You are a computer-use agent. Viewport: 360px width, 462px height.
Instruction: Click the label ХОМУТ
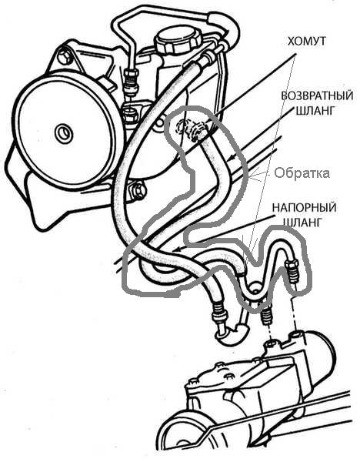click(306, 42)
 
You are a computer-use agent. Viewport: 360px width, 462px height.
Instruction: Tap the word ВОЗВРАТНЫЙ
click(317, 96)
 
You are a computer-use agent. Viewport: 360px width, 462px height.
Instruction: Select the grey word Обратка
click(302, 173)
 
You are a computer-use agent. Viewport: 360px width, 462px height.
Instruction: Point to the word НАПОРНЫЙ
click(304, 207)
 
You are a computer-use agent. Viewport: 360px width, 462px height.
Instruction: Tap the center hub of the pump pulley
click(63, 133)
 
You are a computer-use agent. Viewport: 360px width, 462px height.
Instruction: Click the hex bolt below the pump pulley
click(137, 191)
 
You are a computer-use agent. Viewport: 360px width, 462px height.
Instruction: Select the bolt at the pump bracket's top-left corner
click(65, 55)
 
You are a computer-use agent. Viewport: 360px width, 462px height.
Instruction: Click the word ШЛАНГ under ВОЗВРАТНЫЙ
click(315, 110)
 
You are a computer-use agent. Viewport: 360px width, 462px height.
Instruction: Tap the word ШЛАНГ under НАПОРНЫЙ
click(302, 222)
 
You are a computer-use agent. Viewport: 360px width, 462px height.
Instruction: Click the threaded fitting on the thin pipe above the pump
click(132, 82)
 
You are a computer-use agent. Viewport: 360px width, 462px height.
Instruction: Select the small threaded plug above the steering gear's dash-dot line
click(266, 316)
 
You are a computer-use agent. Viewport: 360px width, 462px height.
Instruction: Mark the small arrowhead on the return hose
click(232, 159)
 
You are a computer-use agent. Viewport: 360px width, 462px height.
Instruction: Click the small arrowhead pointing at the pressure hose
click(176, 250)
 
